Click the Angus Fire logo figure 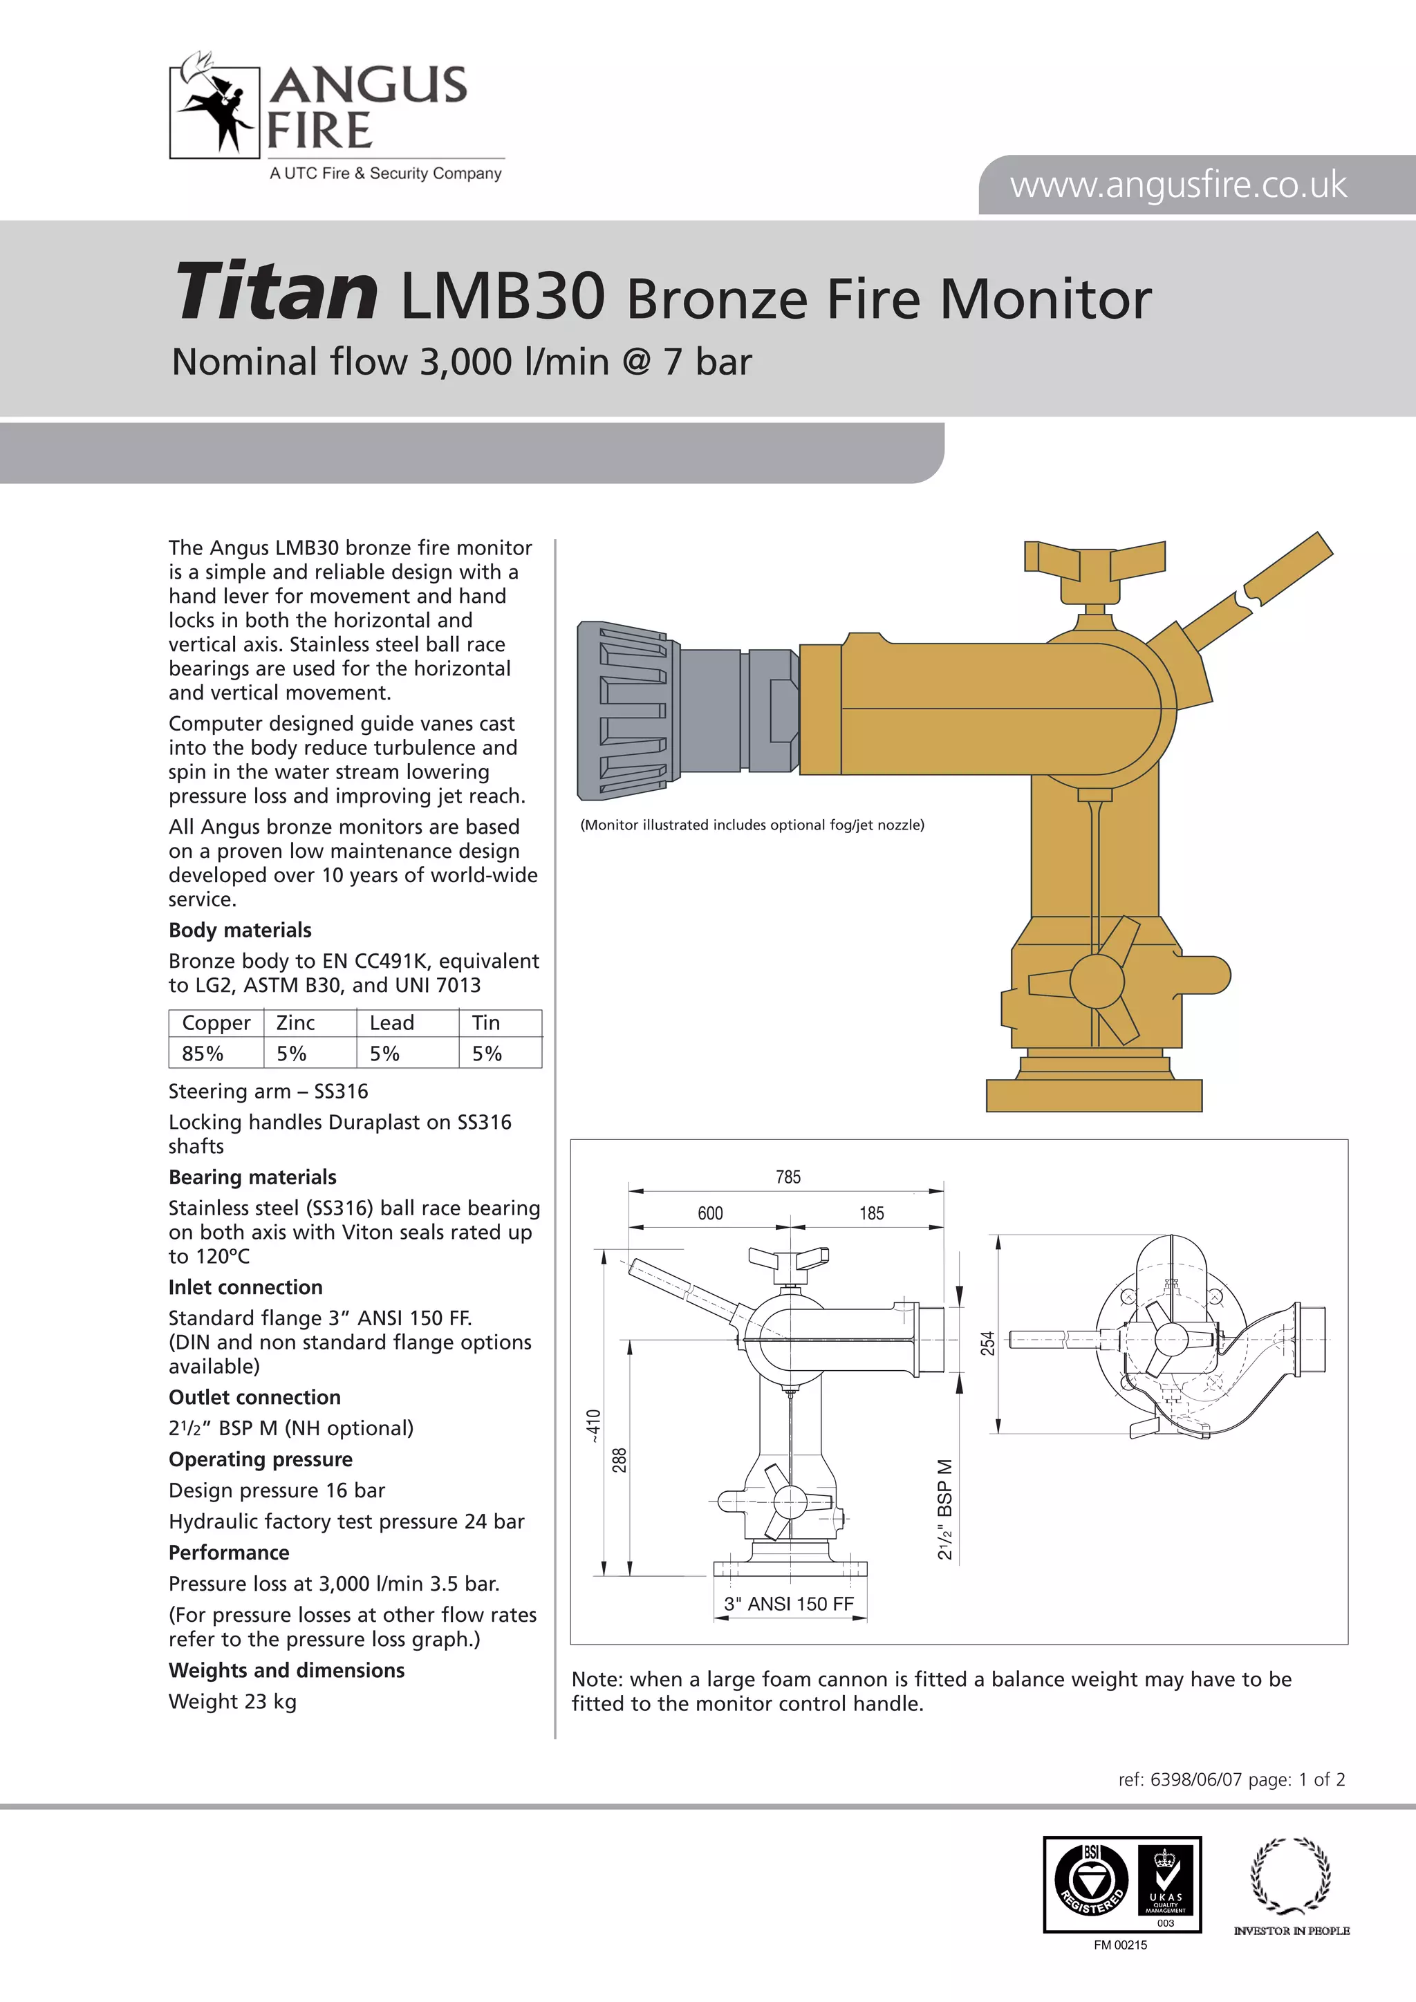[215, 104]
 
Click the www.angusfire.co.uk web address [1178, 185]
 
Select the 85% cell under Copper [203, 1054]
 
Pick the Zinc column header [296, 1023]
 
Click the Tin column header [485, 1023]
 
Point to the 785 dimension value [788, 1177]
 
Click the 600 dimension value [710, 1213]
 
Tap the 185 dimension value [871, 1213]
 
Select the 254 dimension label [987, 1343]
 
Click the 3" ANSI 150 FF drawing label [788, 1604]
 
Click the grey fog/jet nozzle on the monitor [624, 711]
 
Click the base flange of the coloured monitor [1093, 1094]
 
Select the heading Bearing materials [252, 1177]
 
